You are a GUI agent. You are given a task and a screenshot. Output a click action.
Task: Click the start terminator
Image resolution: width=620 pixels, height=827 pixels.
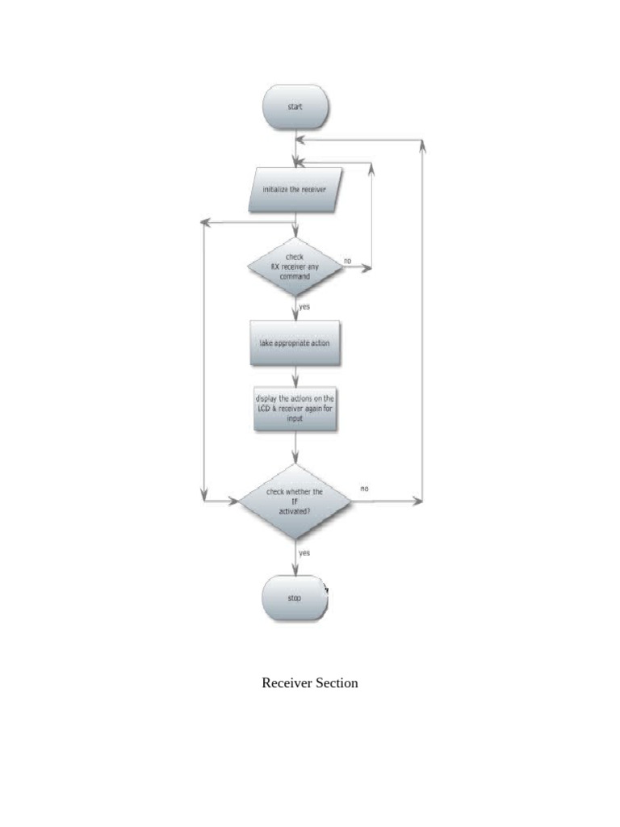(295, 107)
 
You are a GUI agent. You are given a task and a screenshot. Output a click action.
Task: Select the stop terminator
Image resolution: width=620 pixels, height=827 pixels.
(295, 599)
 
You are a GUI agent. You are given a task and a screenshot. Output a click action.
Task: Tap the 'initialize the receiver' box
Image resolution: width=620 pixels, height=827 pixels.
(295, 190)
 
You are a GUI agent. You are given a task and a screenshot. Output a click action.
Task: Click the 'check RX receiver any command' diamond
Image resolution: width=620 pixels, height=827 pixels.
(295, 267)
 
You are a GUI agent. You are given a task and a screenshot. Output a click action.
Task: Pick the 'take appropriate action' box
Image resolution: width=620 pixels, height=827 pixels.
(295, 343)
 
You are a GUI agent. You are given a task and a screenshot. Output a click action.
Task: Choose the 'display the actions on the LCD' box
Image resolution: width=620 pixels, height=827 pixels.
(295, 410)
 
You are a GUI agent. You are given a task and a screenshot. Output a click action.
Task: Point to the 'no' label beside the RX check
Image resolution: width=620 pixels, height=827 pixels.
(347, 261)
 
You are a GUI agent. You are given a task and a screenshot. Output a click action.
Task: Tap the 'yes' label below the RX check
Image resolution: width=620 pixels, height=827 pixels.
(305, 307)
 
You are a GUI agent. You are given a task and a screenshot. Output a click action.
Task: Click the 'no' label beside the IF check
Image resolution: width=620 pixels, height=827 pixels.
(364, 489)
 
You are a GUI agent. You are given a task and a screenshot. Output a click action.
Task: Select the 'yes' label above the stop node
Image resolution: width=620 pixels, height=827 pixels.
(304, 553)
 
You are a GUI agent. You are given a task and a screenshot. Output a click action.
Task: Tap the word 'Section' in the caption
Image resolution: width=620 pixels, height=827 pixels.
(337, 683)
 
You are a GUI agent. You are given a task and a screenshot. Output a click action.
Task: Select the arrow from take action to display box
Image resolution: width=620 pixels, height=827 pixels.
(295, 376)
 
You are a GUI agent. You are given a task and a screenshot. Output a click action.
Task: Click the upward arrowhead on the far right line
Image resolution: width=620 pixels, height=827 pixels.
(423, 146)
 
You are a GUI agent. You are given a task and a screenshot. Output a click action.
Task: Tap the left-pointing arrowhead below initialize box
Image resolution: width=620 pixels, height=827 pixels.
(206, 222)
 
